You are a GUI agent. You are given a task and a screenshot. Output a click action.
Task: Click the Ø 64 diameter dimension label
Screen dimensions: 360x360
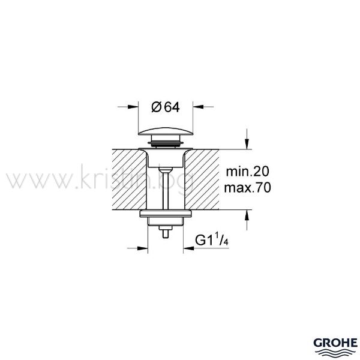pos(166,107)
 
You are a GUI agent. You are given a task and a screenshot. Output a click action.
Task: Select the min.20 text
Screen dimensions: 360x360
pos(247,172)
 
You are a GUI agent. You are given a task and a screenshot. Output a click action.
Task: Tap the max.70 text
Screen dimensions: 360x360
pos(247,187)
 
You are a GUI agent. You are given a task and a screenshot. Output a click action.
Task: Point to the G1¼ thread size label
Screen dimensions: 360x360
pos(212,239)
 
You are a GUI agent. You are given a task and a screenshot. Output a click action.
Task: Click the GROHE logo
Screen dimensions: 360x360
pos(335,346)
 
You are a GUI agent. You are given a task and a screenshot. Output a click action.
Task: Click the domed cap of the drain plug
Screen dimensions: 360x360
pos(166,131)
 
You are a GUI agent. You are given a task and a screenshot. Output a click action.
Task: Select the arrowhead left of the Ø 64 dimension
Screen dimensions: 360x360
pos(133,107)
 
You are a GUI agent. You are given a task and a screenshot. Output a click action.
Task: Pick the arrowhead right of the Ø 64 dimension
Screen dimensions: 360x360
pos(198,107)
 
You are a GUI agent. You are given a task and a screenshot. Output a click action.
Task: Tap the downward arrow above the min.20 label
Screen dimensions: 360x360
pos(247,139)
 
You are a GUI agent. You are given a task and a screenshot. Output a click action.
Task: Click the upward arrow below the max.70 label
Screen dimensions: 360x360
pos(247,220)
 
